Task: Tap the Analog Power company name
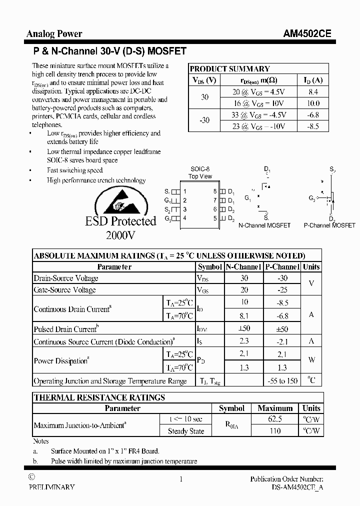54,34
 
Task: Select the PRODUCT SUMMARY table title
230,69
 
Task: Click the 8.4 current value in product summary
313,92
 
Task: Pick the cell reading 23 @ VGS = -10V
258,126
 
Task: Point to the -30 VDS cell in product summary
204,120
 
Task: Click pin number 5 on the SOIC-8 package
215,218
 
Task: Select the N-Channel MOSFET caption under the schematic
264,225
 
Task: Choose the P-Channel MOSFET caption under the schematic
329,225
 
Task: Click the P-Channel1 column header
282,267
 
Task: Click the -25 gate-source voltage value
282,289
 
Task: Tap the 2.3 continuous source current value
244,341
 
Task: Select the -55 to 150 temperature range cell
282,381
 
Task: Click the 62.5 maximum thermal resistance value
275,419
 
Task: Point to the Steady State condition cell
185,431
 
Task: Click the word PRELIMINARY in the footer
51,487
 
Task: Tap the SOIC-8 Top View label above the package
200,172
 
